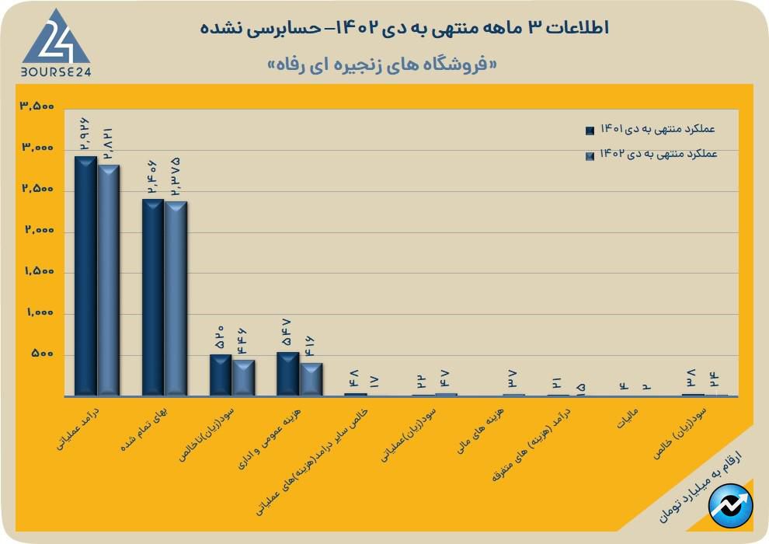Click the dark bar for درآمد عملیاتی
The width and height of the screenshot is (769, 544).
pyautogui.click(x=85, y=276)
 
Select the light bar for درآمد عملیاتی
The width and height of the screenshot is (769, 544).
pyautogui.click(x=108, y=280)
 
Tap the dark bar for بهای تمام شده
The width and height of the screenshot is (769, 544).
pyautogui.click(x=153, y=298)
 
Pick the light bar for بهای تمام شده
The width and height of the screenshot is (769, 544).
pyautogui.click(x=176, y=299)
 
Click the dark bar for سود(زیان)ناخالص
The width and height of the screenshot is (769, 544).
pyautogui.click(x=221, y=375)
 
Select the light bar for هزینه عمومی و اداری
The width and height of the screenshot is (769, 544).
pyautogui.click(x=311, y=379)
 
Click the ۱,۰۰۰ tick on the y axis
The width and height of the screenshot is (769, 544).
pyautogui.click(x=37, y=313)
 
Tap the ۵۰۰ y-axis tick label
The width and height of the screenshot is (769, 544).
pyautogui.click(x=41, y=354)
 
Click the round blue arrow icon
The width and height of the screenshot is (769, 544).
pyautogui.click(x=730, y=504)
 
